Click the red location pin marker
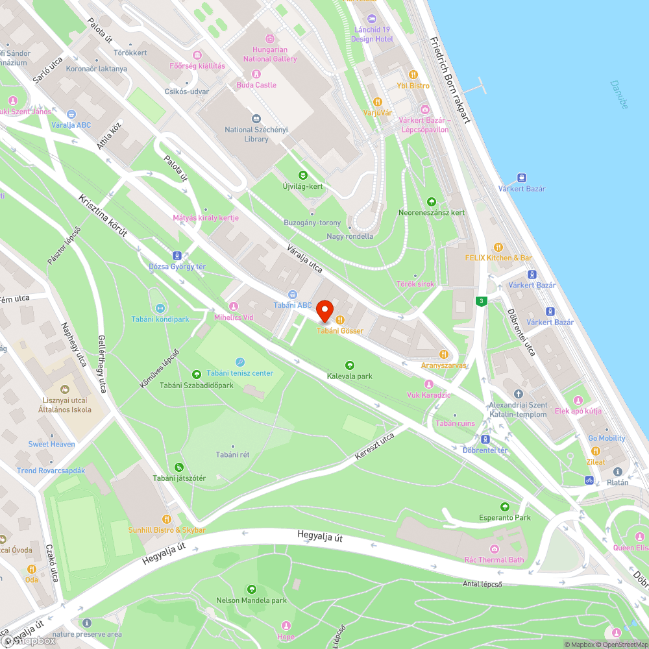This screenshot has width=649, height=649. [324, 311]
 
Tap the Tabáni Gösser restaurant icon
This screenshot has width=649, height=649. [339, 319]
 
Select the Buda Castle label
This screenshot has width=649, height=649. [256, 85]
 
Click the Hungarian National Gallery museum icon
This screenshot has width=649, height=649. [270, 38]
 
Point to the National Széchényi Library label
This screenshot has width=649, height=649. [256, 134]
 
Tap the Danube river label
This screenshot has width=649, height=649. [619, 94]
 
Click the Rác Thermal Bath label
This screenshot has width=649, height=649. [494, 560]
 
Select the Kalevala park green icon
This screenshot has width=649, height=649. [350, 365]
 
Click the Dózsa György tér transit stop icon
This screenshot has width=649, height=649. [177, 256]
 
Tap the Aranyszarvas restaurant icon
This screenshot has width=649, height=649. [444, 354]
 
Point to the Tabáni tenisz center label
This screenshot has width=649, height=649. [240, 373]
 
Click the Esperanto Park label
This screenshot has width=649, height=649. [504, 517]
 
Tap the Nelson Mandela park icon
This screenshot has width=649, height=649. [251, 589]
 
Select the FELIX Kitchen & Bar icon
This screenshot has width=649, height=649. [498, 247]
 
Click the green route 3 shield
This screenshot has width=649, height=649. [481, 301]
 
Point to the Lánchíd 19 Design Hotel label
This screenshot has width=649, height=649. [372, 34]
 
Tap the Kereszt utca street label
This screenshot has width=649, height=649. [374, 447]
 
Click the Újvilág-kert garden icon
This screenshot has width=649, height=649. [302, 175]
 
